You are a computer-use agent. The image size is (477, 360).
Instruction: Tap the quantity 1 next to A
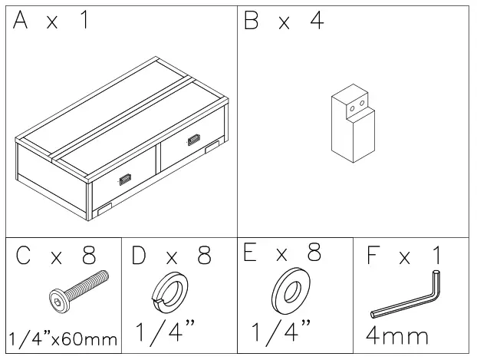[84, 21]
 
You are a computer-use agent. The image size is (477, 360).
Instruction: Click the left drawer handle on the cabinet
[124, 180]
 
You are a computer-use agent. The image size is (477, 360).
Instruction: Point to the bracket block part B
[352, 126]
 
